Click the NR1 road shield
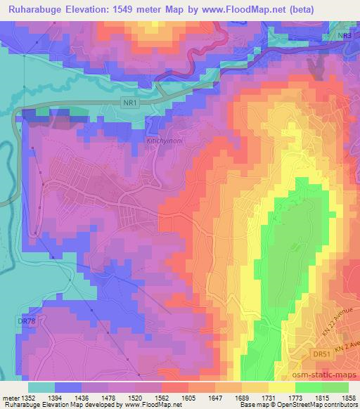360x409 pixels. pyautogui.click(x=128, y=102)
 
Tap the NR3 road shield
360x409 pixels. pyautogui.click(x=342, y=35)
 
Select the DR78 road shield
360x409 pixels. pyautogui.click(x=27, y=321)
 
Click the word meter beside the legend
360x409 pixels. pyautogui.click(x=12, y=397)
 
